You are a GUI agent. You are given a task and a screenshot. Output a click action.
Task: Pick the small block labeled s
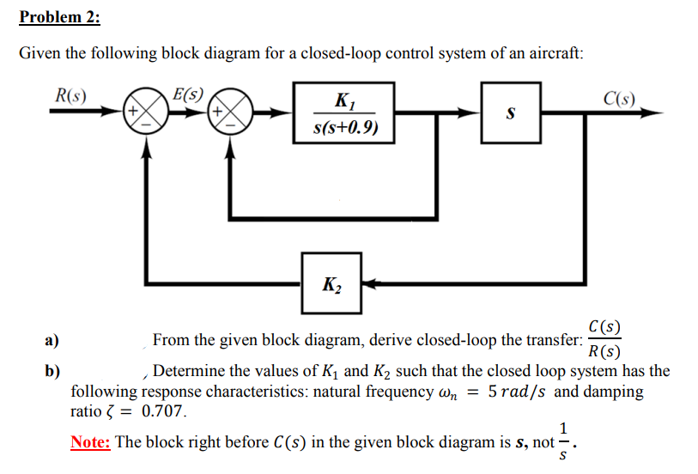tap(511, 112)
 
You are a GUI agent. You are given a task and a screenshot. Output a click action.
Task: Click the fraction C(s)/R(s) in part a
tap(604, 340)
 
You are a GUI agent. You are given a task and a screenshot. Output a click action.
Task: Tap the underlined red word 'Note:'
tap(91, 442)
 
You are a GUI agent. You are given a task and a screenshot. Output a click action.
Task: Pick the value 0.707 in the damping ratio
tap(163, 410)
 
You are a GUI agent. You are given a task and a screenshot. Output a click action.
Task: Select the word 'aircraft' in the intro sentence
tap(555, 53)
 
